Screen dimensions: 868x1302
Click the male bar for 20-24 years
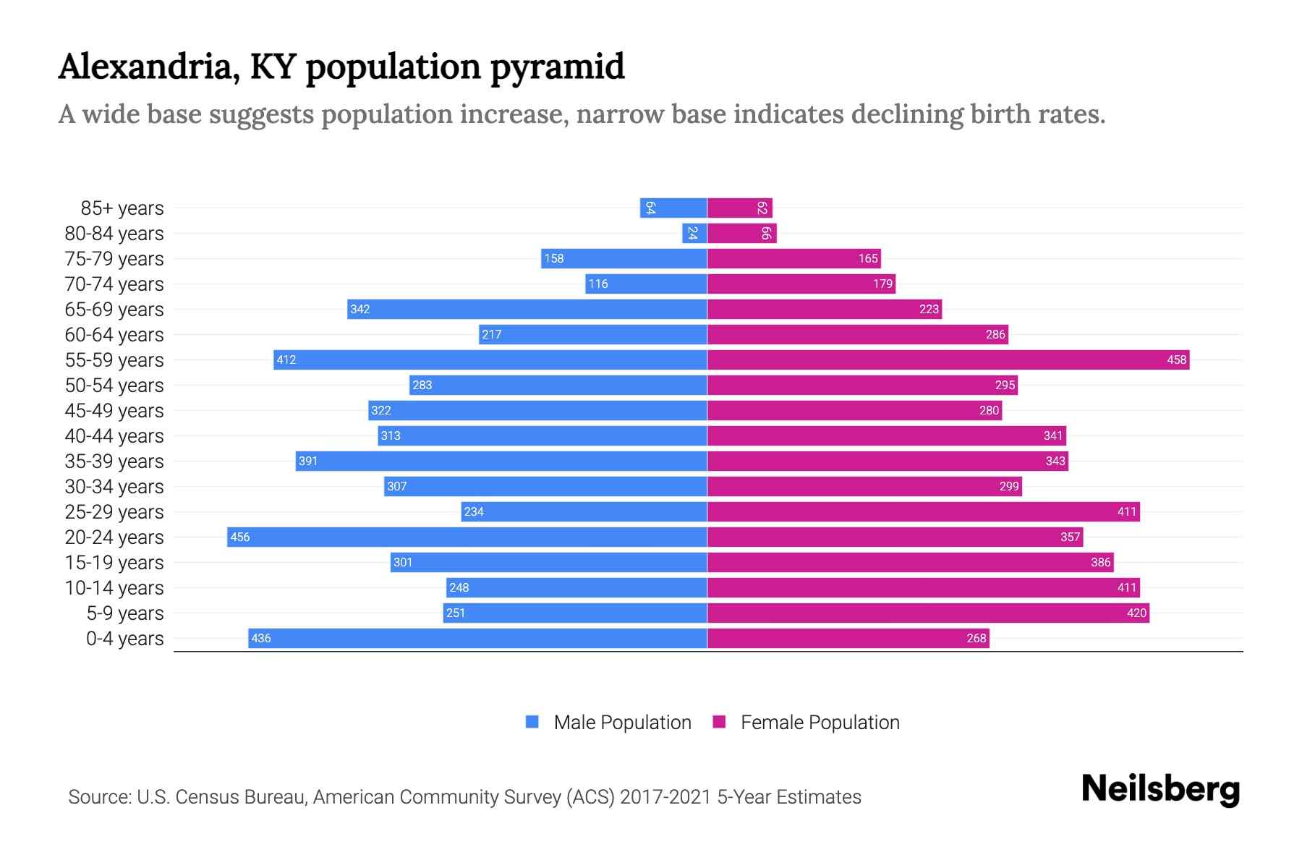tap(467, 537)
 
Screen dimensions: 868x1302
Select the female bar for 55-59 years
tap(948, 359)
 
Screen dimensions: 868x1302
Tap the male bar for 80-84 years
tap(694, 233)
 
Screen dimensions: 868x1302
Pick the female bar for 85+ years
tap(739, 208)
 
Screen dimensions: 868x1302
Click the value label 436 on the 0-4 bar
tap(261, 638)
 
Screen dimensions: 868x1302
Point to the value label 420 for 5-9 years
tap(1136, 613)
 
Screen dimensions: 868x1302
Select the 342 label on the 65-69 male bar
tap(360, 309)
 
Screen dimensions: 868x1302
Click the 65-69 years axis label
tap(114, 310)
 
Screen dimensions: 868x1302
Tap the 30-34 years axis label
tap(114, 487)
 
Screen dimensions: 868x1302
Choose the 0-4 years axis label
tap(124, 639)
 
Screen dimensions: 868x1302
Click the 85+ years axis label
tap(122, 208)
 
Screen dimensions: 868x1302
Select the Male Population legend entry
tap(622, 723)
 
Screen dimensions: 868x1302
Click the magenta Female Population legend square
tap(719, 722)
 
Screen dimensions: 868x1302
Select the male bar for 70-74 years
tap(646, 284)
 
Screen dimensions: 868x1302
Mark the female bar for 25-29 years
tap(923, 511)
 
